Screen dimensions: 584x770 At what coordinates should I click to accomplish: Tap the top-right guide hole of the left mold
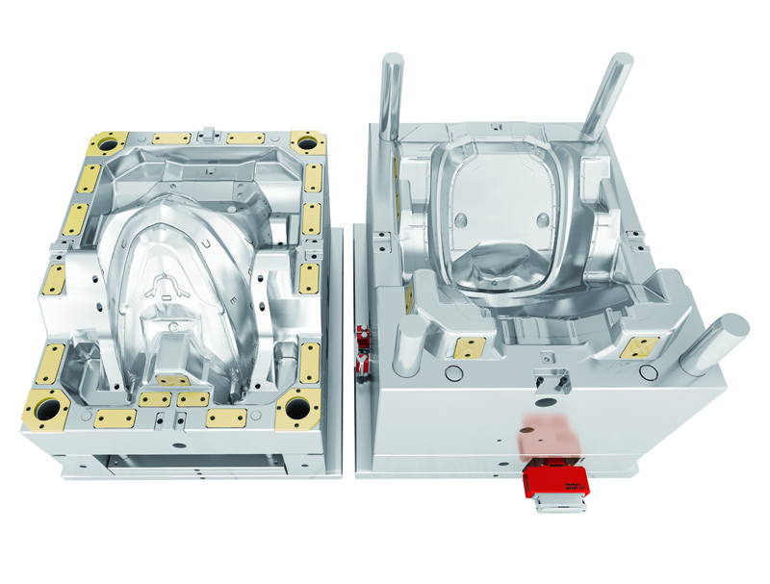tap(307, 143)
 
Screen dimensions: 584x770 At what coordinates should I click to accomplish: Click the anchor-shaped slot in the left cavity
tap(167, 285)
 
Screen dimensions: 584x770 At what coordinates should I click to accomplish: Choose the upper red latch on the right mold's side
tap(363, 336)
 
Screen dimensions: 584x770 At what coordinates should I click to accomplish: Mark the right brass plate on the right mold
tap(637, 347)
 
